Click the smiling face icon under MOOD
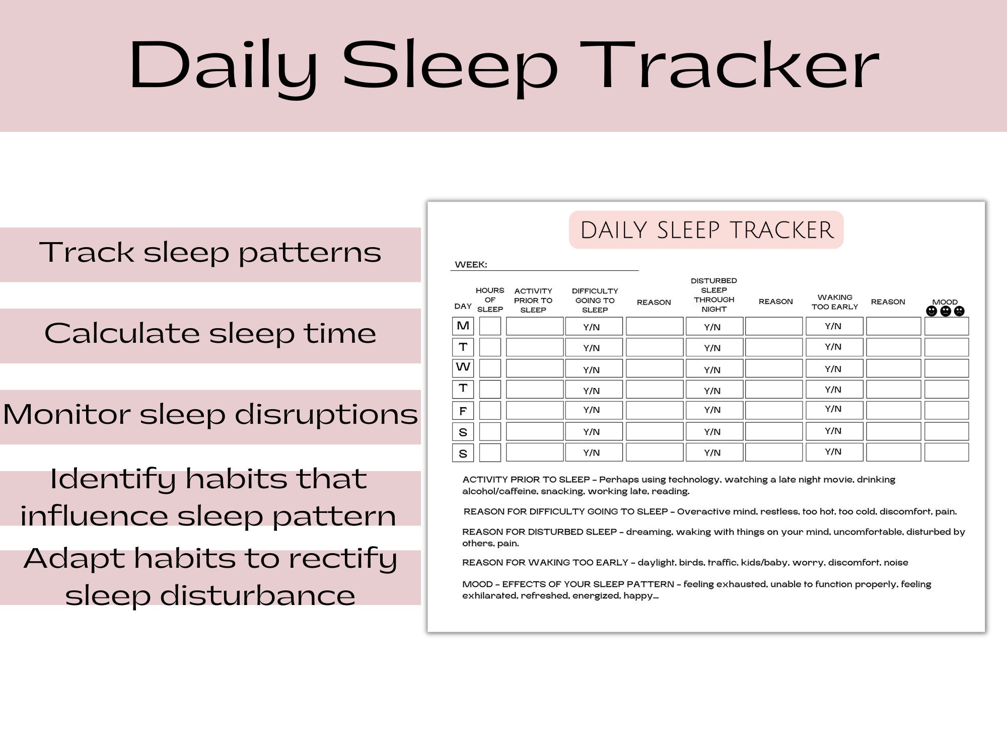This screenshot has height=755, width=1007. pos(931,311)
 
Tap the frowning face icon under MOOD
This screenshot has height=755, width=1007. pos(959,311)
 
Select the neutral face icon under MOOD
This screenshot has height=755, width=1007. pos(946,311)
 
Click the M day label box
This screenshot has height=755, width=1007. pos(463,326)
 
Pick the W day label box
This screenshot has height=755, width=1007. pos(463,367)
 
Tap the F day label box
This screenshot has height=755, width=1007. pos(463,411)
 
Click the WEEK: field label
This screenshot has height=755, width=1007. pos(471,265)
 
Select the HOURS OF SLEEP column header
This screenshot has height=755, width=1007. pos(490,300)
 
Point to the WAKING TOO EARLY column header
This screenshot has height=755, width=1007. pos(834,302)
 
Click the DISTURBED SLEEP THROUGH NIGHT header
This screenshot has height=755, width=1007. pos(713,295)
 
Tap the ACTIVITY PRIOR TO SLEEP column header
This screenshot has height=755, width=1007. pos(533,300)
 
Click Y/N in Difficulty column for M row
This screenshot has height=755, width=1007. pos(592,327)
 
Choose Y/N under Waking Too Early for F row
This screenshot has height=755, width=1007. pos(833,409)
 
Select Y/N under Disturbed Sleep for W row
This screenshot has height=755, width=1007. pos(712,370)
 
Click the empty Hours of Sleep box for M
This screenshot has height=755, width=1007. pos(490,326)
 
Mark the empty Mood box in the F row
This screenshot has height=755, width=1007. pos(946,410)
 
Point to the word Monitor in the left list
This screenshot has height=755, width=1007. pos(66,414)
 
